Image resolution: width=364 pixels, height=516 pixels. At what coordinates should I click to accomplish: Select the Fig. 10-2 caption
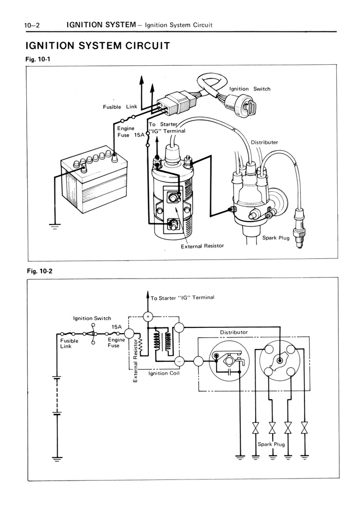[x=39, y=271]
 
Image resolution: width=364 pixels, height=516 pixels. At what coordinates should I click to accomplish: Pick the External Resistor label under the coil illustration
[x=202, y=246]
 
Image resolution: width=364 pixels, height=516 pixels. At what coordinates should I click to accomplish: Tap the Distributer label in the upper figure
[x=264, y=142]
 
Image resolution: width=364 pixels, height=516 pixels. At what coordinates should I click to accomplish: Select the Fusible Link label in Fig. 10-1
[x=120, y=107]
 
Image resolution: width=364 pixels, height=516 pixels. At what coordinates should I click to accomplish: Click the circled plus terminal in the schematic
[x=148, y=317]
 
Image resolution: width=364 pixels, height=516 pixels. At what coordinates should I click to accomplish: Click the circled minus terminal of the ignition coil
[x=178, y=361]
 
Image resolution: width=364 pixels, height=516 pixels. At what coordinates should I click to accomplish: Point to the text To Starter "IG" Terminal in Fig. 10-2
[x=182, y=298]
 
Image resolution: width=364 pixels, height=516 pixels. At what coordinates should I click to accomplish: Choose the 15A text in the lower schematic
[x=117, y=326]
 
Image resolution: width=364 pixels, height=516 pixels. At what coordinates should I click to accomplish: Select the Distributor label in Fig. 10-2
[x=234, y=332]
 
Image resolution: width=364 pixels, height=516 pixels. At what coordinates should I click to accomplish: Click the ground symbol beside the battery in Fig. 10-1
[x=54, y=226]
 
